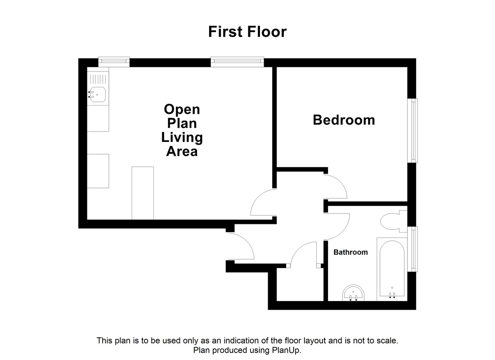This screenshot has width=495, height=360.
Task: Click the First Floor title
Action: (247, 32)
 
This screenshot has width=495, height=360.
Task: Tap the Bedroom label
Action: (344, 120)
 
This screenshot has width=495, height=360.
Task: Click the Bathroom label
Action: (351, 252)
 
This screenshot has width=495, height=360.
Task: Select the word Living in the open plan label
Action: (182, 137)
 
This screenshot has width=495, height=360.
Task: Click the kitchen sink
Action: (98, 94)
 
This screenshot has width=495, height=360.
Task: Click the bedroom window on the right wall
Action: (413, 130)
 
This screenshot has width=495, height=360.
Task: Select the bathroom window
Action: (413, 249)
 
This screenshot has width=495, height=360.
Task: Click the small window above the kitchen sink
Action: (114, 62)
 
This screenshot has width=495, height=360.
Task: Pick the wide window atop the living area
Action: (237, 62)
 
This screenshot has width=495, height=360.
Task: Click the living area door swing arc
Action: (262, 202)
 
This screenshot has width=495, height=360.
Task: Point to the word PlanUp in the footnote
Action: (288, 351)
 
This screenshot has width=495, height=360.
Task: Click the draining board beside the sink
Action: (98, 78)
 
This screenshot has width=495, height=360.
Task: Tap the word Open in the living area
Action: (182, 109)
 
